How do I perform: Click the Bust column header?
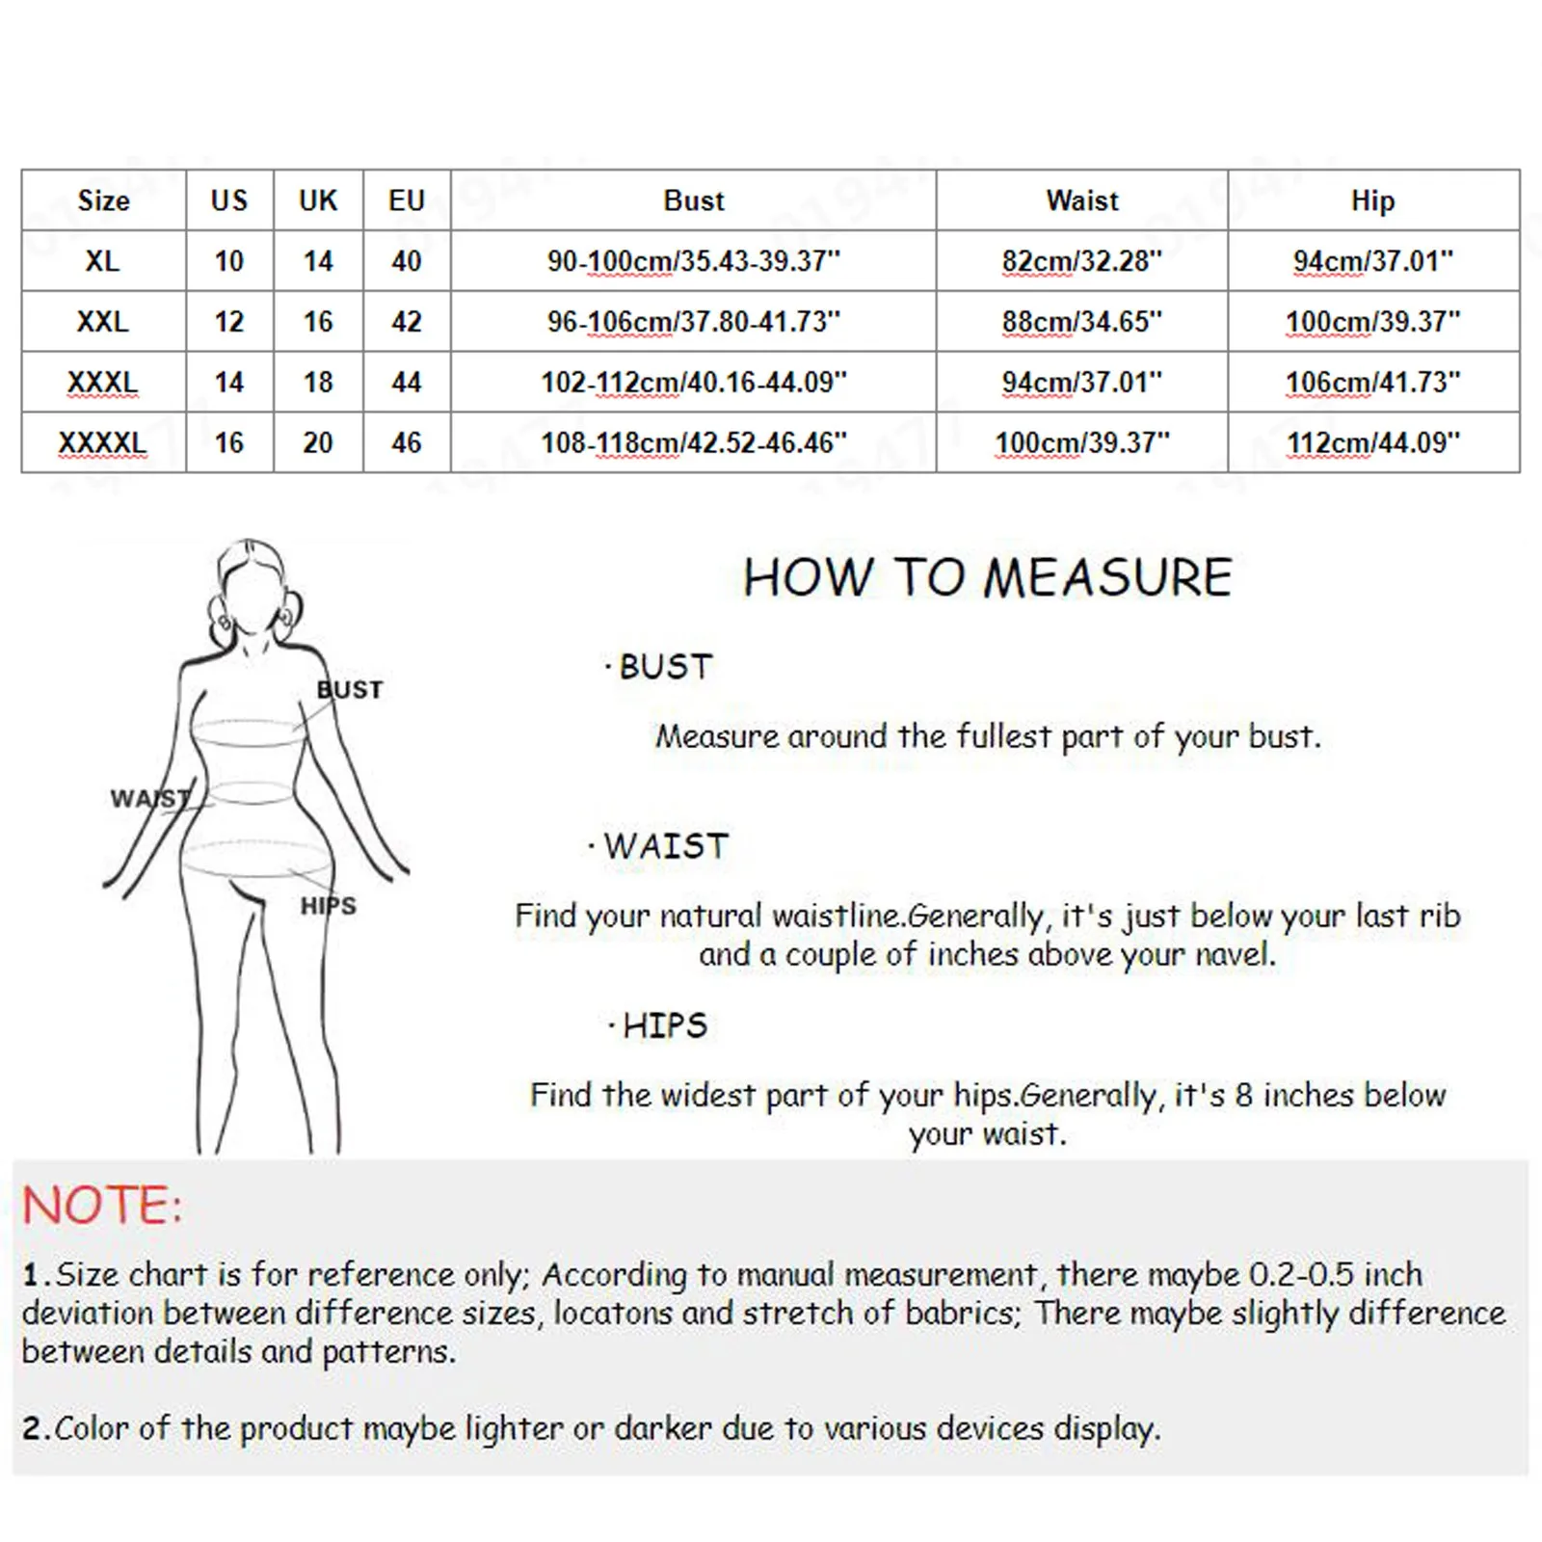click(693, 200)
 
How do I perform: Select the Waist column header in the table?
click(1082, 200)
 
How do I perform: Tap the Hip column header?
click(1372, 200)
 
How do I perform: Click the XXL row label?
click(102, 322)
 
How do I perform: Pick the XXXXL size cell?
click(102, 443)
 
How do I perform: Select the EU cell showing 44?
click(406, 383)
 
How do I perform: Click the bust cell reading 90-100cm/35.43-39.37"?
click(693, 261)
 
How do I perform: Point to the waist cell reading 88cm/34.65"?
click(1082, 322)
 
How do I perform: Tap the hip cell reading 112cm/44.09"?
click(1372, 443)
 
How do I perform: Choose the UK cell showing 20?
click(318, 443)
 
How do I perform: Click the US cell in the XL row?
click(229, 261)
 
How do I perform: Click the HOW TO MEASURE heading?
click(988, 578)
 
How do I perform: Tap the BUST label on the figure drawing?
click(350, 690)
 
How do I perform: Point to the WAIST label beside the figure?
click(149, 799)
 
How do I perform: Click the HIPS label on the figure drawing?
click(328, 906)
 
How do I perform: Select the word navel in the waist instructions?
click(1234, 955)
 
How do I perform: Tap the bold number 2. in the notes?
click(36, 1428)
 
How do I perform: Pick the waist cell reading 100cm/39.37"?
click(1082, 443)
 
